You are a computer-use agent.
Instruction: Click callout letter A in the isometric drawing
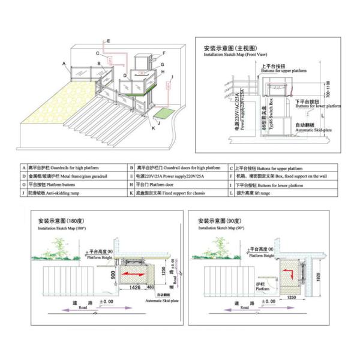[x=63, y=63]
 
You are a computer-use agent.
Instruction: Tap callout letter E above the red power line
[x=109, y=40]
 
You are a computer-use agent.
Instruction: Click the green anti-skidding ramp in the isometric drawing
[x=163, y=112]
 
